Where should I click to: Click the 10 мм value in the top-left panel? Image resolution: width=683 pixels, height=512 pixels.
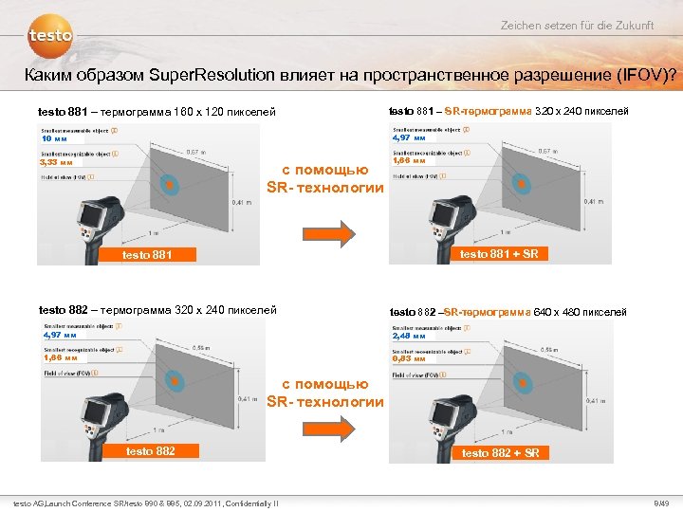55,138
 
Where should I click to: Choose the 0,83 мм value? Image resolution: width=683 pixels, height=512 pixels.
409,359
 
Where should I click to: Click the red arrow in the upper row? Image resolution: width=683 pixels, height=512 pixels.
325,233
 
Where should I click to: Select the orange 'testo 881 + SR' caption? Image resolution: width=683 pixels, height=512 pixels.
499,253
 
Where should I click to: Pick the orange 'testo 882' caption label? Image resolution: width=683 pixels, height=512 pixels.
151,450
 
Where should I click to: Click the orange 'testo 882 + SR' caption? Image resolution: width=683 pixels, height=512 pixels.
500,452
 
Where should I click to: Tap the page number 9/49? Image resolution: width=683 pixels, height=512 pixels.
661,502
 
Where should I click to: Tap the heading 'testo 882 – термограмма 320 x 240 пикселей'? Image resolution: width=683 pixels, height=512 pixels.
157,309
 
